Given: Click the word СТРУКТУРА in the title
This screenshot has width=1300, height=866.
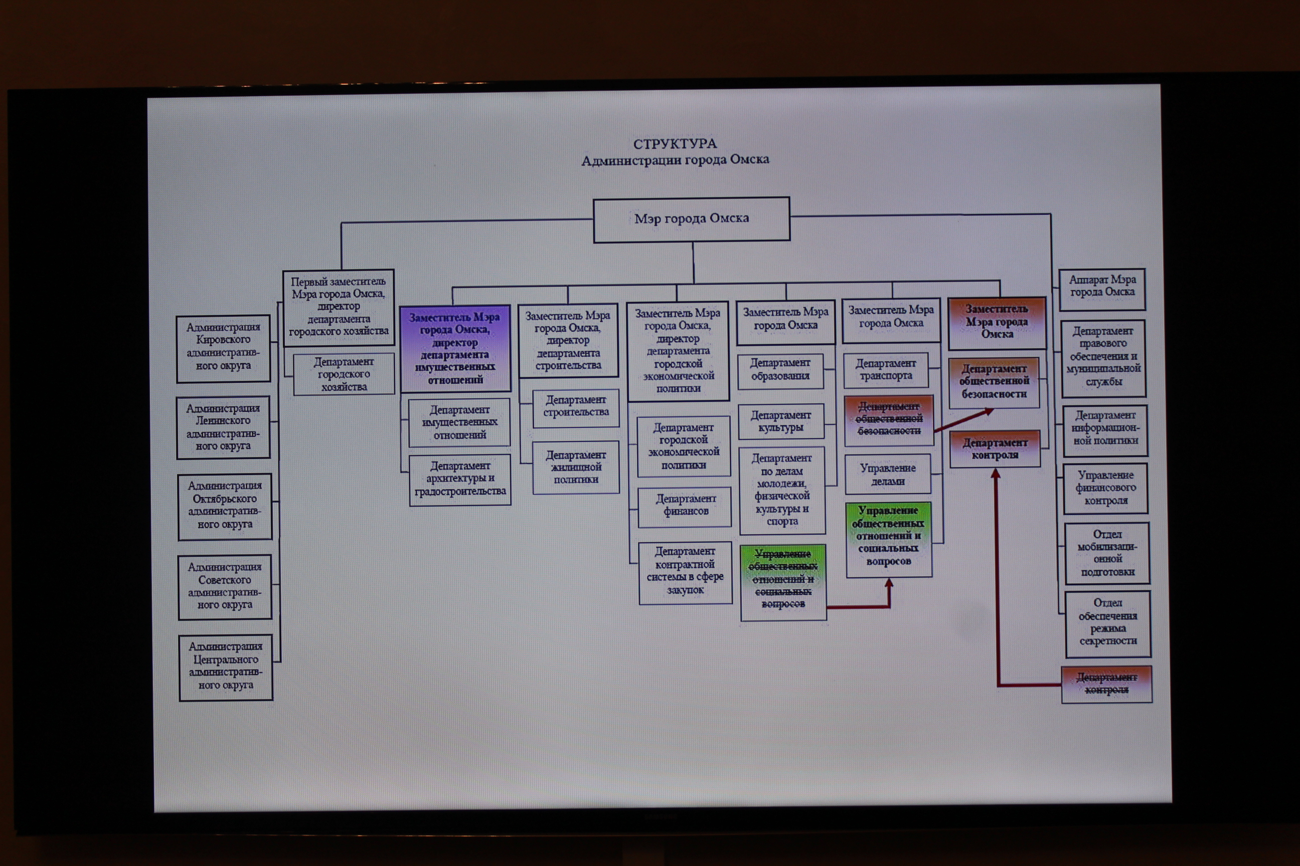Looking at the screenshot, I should (675, 144).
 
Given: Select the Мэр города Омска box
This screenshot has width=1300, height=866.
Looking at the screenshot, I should (692, 220).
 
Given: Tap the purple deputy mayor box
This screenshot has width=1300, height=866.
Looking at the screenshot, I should (455, 348).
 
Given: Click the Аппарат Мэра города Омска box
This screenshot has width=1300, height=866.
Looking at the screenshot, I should (1101, 289).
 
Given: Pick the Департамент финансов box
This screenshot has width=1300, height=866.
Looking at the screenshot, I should (685, 506).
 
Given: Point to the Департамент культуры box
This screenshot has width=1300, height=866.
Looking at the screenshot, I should (780, 421).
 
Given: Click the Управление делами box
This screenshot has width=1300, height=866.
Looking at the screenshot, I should (888, 474).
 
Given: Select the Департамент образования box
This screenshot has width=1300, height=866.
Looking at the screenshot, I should (780, 369).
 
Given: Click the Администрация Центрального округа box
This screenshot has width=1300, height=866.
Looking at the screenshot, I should (226, 667).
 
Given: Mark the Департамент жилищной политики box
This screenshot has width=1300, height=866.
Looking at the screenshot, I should (575, 467).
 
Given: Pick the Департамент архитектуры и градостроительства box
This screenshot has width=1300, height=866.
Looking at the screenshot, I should (460, 479).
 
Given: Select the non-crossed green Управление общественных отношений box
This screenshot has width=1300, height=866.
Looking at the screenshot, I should (888, 538).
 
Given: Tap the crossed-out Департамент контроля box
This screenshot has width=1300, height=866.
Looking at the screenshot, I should (1106, 684).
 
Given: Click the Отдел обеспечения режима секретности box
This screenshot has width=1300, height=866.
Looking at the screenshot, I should (1107, 623).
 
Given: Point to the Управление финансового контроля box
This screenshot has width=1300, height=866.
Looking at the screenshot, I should (1105, 488).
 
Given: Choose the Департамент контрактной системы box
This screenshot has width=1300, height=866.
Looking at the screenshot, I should (685, 572).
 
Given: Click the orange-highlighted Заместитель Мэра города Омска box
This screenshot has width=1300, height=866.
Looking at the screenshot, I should (997, 323).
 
